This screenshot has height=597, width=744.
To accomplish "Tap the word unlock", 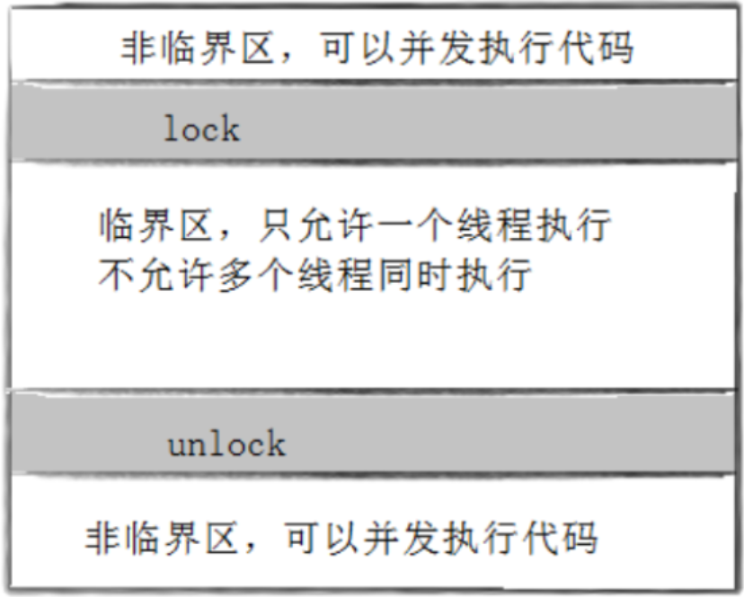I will coord(226,443).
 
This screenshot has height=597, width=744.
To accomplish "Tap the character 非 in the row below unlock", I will coord(101,540).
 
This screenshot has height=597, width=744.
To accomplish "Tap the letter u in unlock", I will coord(179,445).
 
